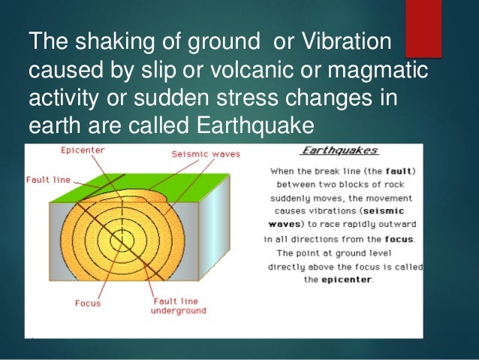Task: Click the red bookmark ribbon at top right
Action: (423, 28)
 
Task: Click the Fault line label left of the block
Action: (47, 180)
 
